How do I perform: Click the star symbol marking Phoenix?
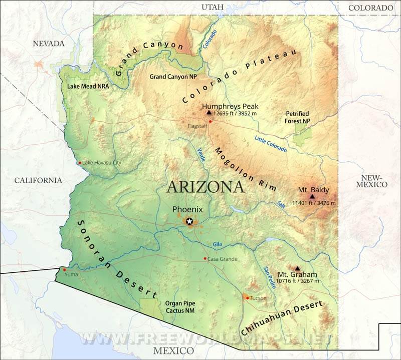[x=189, y=221]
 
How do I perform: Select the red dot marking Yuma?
[x=64, y=270]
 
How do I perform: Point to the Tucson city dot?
[x=247, y=298]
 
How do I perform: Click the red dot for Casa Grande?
[x=205, y=258]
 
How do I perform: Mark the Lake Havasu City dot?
[x=80, y=163]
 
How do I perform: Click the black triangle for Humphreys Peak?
[x=209, y=113]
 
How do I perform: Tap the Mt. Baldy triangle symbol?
[x=312, y=196]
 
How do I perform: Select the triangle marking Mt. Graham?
[x=297, y=268]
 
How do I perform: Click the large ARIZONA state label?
[x=206, y=187]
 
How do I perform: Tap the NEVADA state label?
[x=49, y=44]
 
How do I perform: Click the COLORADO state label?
[x=370, y=8]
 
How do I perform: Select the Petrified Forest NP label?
[x=297, y=118]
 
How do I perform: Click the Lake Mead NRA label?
[x=88, y=86]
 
